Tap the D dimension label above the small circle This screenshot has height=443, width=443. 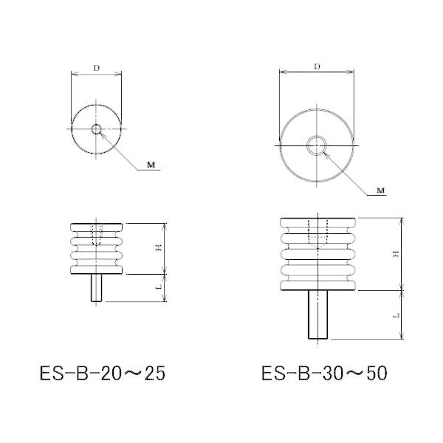pyautogui.click(x=97, y=67)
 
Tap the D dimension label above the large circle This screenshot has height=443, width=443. pyautogui.click(x=317, y=66)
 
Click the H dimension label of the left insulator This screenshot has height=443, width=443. pyautogui.click(x=158, y=248)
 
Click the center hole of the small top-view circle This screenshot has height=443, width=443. pyautogui.click(x=97, y=130)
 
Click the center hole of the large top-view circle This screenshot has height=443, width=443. pyautogui.click(x=317, y=144)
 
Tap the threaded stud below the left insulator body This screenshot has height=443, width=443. pyautogui.click(x=97, y=288)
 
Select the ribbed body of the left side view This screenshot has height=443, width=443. pyautogui.click(x=97, y=255)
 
